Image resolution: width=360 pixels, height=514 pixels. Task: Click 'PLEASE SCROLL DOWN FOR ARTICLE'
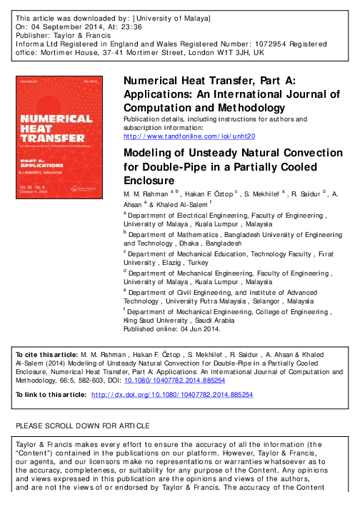coord(82,426)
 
